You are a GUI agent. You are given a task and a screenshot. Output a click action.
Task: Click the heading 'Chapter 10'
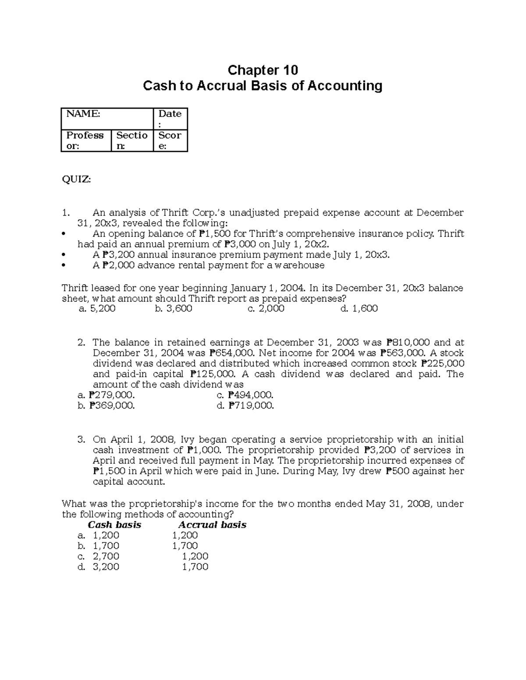pos(263,70)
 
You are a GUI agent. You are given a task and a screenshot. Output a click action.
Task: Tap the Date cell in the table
pos(170,118)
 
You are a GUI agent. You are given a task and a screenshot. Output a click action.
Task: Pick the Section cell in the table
pos(131,140)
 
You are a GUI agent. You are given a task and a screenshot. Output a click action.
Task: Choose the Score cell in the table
pos(170,140)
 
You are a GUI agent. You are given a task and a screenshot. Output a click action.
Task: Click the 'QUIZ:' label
pos(76,179)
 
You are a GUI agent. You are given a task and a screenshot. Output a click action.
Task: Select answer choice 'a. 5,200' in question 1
pos(96,309)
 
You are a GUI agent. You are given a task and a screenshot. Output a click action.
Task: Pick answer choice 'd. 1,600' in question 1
pos(359,309)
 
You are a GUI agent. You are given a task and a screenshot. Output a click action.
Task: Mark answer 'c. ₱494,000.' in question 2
pos(245,395)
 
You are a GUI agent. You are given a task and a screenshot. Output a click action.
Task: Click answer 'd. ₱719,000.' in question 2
pos(245,405)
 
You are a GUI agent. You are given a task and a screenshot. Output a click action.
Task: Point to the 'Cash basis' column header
pos(114,525)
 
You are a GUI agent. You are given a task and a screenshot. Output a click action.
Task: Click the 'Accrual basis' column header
pos(212,525)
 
